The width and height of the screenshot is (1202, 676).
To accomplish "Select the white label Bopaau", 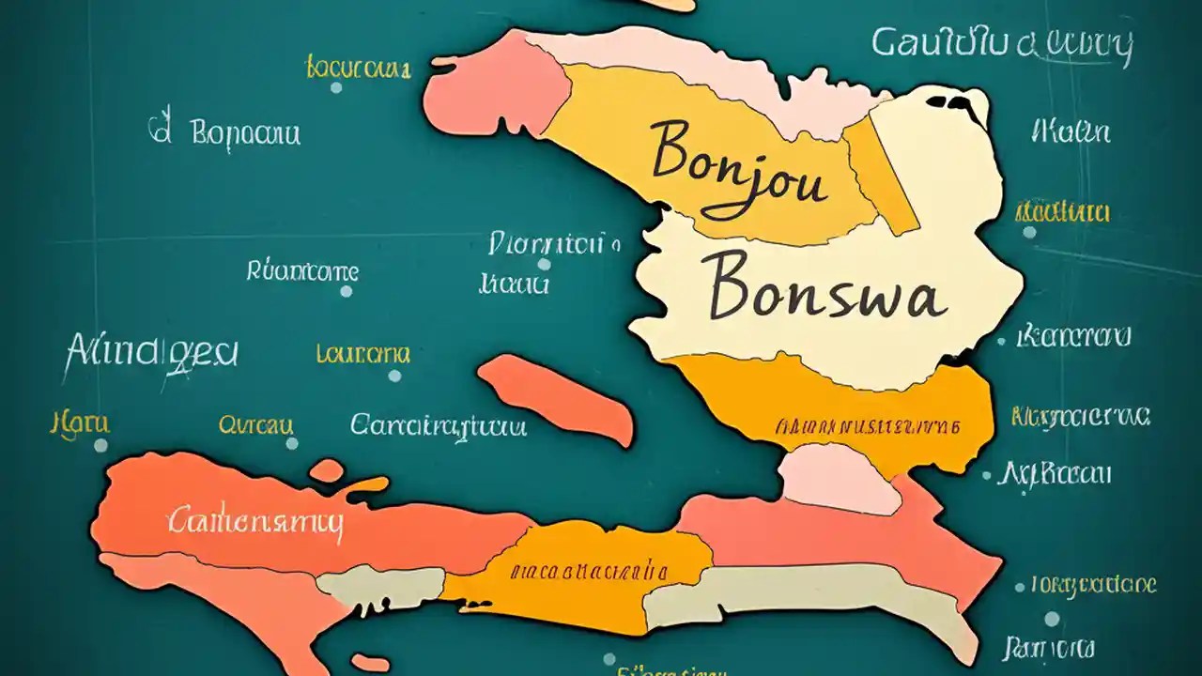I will tap(245, 133).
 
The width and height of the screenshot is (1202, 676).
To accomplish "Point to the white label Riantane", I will tap(302, 271).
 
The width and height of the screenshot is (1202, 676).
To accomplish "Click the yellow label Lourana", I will tap(362, 355).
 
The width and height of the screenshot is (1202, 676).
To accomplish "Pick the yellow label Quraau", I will tap(255, 425).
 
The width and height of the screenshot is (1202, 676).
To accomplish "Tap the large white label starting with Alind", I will tap(152, 354).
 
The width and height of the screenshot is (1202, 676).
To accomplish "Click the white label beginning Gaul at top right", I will tap(1001, 44).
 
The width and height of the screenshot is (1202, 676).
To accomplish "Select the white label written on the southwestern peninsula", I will tap(255, 522).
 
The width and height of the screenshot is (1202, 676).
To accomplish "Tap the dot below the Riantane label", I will tap(346, 291).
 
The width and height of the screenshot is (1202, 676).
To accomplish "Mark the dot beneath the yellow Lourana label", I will tap(394, 376).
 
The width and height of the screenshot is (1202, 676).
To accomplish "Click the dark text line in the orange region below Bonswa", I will tap(868, 426).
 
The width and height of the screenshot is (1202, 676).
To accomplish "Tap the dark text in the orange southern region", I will tap(589, 570).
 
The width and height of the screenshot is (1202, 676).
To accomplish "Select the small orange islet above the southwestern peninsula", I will tap(327, 470).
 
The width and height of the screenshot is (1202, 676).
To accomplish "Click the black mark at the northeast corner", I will tap(958, 100).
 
